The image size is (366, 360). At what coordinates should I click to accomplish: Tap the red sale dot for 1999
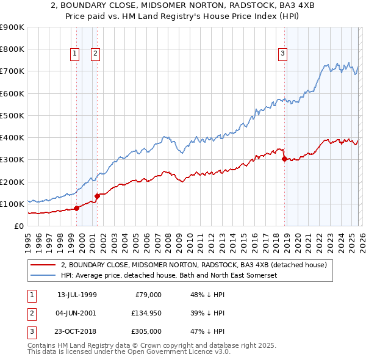[x=77, y=208]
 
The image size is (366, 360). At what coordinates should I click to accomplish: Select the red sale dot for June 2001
[x=97, y=196]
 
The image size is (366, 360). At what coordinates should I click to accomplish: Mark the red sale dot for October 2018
[x=285, y=159]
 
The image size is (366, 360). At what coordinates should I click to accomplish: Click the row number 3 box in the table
[x=32, y=331]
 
